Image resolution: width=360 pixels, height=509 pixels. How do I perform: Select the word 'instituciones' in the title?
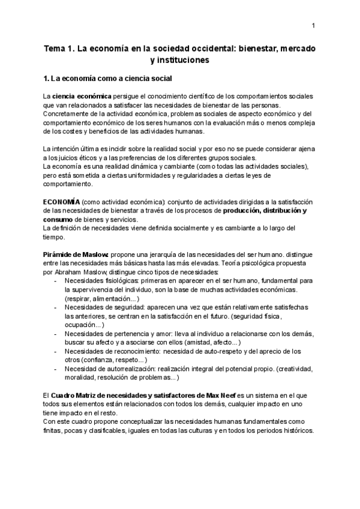pyautogui.click(x=181, y=60)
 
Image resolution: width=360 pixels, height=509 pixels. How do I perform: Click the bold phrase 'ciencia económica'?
pyautogui.click(x=82, y=96)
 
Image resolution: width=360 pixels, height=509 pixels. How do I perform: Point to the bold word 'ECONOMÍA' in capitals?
pyautogui.click(x=61, y=202)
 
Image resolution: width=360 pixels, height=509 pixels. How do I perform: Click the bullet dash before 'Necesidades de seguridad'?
pyautogui.click(x=56, y=307)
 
